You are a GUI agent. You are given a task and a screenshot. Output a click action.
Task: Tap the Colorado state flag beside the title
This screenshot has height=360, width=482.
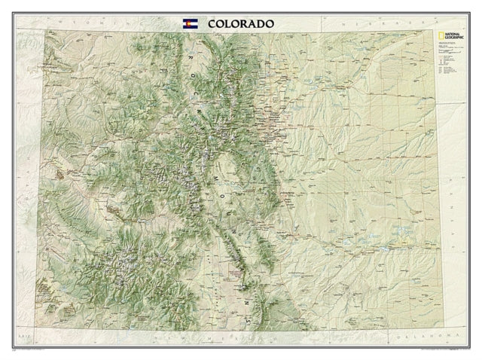[191, 23]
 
